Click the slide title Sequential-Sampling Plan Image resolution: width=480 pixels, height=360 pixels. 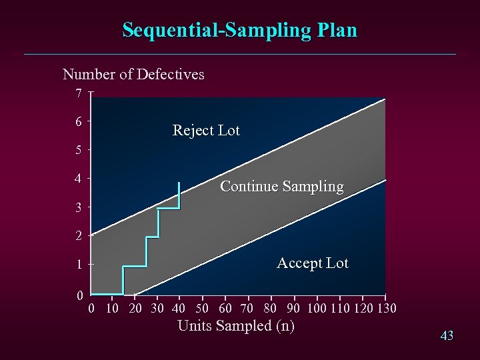(x=240, y=30)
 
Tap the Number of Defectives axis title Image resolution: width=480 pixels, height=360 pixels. (x=133, y=74)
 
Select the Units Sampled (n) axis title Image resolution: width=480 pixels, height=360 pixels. (x=236, y=326)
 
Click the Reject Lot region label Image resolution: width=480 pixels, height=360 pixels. (x=206, y=131)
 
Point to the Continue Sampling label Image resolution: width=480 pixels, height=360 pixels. (x=282, y=187)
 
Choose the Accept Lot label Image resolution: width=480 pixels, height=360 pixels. (x=313, y=263)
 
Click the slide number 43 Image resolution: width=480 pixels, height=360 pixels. (x=447, y=336)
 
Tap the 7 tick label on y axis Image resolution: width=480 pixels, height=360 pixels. (x=79, y=93)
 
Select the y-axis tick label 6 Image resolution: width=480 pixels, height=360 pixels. (x=79, y=122)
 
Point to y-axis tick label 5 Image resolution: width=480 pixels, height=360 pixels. (x=79, y=150)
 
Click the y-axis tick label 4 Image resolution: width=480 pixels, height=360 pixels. (x=79, y=179)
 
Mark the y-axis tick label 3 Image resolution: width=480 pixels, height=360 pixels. (x=79, y=207)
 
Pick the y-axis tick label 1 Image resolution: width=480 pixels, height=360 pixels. (x=79, y=264)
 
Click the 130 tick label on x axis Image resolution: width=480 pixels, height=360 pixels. (x=387, y=308)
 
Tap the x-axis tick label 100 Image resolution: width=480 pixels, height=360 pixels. (x=317, y=308)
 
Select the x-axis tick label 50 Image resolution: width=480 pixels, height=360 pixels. (x=202, y=308)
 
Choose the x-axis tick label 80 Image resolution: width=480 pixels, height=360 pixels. (x=270, y=308)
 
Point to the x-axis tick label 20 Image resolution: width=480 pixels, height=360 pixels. (x=135, y=308)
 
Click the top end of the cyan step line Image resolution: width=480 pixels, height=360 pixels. (x=179, y=183)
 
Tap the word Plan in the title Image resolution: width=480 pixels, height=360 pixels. (x=338, y=30)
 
